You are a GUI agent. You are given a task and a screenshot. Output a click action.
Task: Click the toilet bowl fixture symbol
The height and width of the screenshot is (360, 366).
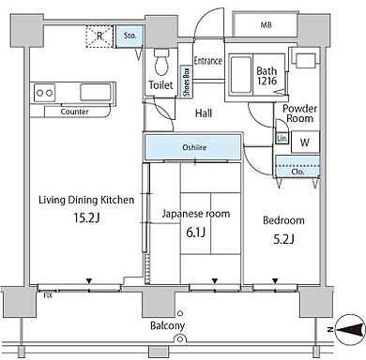[x=161, y=62]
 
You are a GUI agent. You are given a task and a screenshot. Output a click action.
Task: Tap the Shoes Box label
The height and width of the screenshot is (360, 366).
[x=187, y=82]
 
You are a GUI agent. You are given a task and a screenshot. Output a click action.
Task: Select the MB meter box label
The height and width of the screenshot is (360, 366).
[x=266, y=25]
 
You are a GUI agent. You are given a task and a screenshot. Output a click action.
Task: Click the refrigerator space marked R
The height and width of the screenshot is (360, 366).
[x=99, y=37]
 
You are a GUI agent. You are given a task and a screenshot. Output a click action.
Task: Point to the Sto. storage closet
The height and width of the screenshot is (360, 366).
[x=130, y=37]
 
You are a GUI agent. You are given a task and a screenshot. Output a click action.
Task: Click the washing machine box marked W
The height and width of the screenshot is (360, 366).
[x=305, y=142]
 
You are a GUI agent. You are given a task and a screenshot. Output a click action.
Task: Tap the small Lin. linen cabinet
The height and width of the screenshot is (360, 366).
[x=282, y=138]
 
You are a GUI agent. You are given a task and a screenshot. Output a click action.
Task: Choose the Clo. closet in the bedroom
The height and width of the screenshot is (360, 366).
[x=297, y=166]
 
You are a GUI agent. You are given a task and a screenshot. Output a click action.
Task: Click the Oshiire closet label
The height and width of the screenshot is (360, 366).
[x=194, y=147]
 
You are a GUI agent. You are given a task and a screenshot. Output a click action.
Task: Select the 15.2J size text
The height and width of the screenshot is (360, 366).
[x=86, y=217]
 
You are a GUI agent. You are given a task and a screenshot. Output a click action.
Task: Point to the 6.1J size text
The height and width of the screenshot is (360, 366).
[x=195, y=232]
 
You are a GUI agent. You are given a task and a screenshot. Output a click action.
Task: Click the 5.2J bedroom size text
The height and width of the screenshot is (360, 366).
[x=283, y=239]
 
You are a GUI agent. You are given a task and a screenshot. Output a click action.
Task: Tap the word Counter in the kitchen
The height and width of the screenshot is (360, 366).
[x=75, y=112]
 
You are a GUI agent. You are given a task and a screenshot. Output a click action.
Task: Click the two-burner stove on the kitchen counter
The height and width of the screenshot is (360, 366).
[x=44, y=93]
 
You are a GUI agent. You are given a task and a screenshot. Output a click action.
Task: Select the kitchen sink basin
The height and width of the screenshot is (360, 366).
[x=96, y=92]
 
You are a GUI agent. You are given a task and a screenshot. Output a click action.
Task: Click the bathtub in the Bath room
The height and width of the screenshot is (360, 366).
[x=240, y=74]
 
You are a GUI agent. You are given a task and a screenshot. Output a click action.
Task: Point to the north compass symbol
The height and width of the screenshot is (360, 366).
[x=349, y=329]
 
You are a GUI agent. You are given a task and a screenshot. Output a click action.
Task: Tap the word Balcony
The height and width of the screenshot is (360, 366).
[x=167, y=326]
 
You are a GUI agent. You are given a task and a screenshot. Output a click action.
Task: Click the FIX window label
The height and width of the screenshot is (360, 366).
[x=48, y=295]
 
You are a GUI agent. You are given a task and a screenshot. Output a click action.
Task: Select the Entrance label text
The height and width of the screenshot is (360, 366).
[x=208, y=61]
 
